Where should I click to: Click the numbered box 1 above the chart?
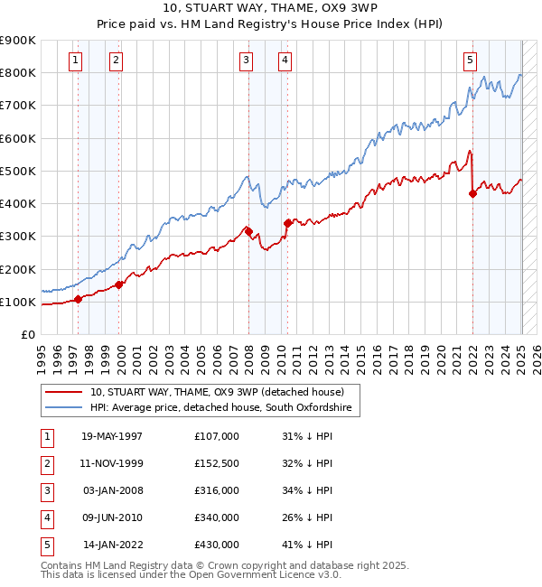point(74,61)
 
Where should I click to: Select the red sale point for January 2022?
point(472,193)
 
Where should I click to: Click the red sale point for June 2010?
point(287,223)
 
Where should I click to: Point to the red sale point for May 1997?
point(78,299)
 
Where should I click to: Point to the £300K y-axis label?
point(18,236)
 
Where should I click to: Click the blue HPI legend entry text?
point(225,408)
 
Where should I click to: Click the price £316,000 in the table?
point(217,490)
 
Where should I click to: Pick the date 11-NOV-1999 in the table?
point(112,463)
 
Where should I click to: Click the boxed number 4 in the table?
point(45,517)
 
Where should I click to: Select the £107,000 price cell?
point(217,436)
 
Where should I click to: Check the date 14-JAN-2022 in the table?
point(112,545)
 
